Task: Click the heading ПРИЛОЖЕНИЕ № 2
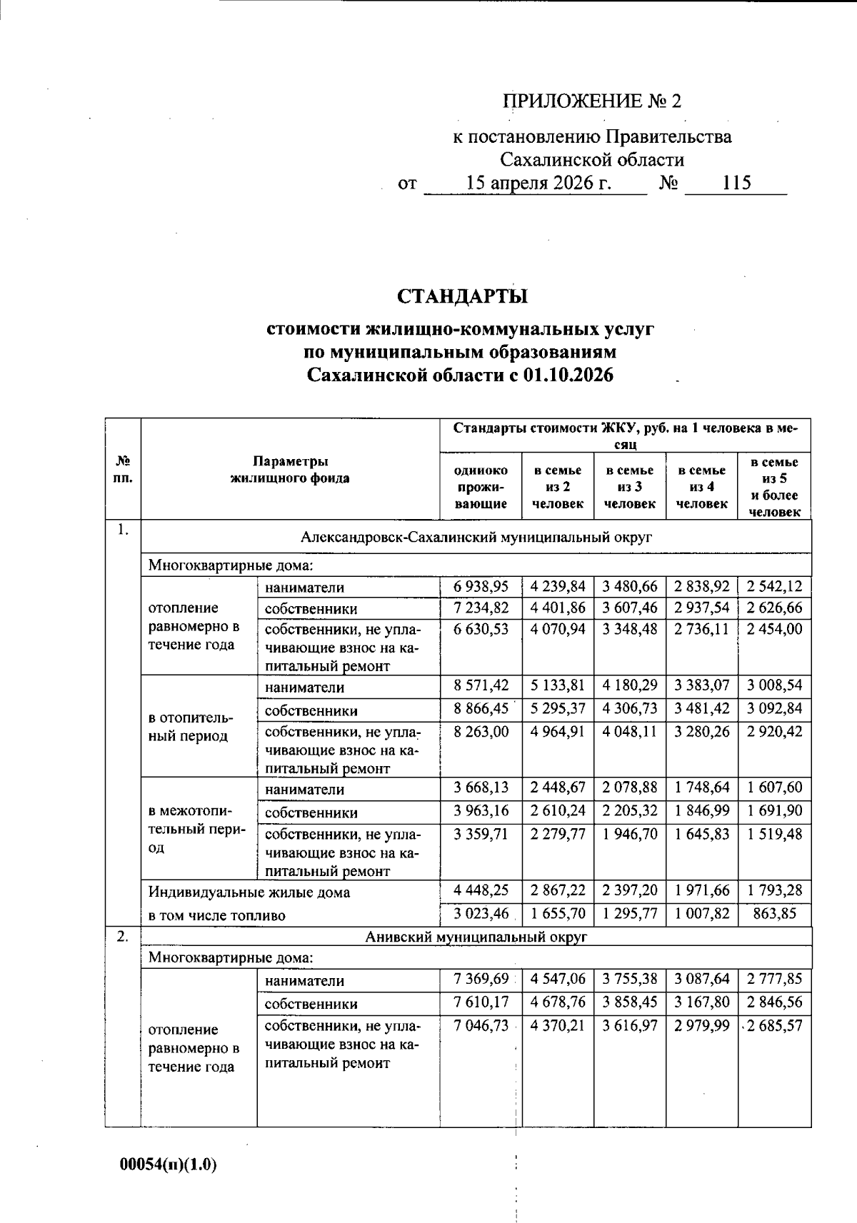pos(592,101)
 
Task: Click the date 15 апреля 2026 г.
pos(538,183)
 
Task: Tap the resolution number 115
pos(736,183)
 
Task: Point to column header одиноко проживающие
pos(481,487)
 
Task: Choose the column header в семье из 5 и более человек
pos(774,487)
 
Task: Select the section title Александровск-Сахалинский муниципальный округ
pos(476,537)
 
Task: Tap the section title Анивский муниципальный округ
pos(476,937)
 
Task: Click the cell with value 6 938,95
pos(481,587)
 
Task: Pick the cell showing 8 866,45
pos(481,708)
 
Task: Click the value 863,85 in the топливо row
pos(774,913)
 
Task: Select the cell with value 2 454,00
pos(774,629)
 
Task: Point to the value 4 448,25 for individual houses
pos(481,890)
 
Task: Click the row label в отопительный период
pos(189,727)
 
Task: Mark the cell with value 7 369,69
pos(481,980)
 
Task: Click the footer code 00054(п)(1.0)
pos(168,1164)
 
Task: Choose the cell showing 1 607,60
pos(774,787)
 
